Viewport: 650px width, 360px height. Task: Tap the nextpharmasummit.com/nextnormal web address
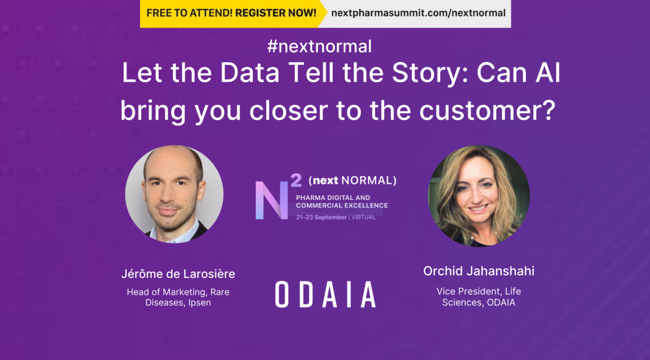[418, 13]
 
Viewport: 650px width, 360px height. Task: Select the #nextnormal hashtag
[319, 47]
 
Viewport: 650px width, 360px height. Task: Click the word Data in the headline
[250, 73]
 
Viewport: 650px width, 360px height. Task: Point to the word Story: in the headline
[430, 74]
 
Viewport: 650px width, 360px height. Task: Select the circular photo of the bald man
[174, 194]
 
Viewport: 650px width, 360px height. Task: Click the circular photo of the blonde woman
[479, 196]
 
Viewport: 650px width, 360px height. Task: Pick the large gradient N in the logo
[271, 200]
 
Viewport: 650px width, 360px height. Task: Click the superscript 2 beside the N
[296, 180]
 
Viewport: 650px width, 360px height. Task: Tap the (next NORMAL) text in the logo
[353, 181]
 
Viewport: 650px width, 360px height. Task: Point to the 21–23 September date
[321, 217]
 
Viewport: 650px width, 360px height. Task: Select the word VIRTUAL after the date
[364, 217]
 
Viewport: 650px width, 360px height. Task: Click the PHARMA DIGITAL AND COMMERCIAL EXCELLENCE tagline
[342, 201]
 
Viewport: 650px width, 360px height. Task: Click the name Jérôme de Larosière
[178, 274]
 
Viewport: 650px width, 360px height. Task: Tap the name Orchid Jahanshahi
[479, 271]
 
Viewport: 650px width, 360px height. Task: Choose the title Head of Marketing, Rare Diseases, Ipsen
[178, 297]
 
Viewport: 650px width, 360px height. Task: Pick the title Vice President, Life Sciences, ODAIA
[479, 297]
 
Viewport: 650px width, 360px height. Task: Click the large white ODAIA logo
[326, 294]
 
